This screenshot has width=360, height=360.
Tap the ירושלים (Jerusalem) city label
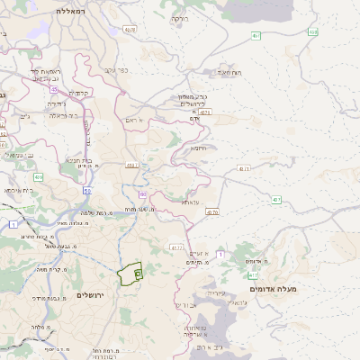pyautogui.click(x=91, y=295)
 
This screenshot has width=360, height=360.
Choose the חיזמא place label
pyautogui.click(x=199, y=148)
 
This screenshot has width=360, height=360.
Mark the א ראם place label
pyautogui.click(x=134, y=119)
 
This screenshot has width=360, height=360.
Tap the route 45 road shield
pyautogui.click(x=54, y=89)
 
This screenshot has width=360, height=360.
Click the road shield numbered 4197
pyautogui.click(x=132, y=165)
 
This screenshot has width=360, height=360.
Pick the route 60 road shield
pyautogui.click(x=142, y=193)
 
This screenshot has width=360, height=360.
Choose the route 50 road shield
pyautogui.click(x=86, y=190)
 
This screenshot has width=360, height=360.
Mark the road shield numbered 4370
pyautogui.click(x=212, y=212)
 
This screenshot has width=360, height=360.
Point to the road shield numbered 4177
pyautogui.click(x=176, y=247)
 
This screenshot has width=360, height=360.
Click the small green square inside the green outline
pyautogui.click(x=137, y=272)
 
